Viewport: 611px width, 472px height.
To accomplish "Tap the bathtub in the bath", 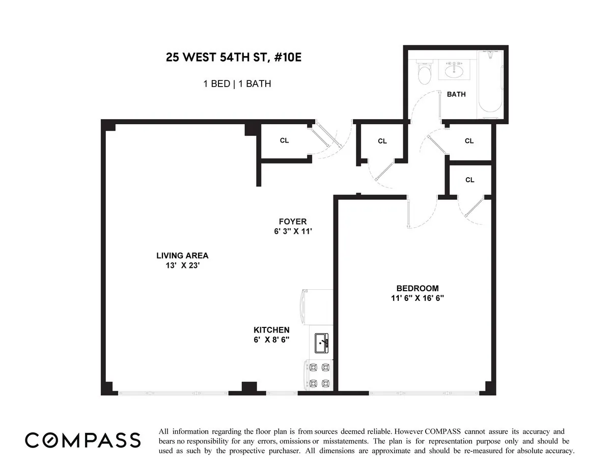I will click(x=490, y=84).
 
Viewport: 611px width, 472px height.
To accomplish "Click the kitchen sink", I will click(x=321, y=343).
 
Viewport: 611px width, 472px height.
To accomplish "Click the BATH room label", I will click(x=456, y=94).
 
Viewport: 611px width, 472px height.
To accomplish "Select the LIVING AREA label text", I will click(x=182, y=256).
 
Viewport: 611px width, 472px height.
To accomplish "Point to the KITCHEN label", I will click(x=271, y=330).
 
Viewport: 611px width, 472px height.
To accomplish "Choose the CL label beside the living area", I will click(x=284, y=141).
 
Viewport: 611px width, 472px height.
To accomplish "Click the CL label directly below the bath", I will click(x=469, y=141).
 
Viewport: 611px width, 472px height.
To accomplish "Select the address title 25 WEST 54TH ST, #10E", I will click(x=234, y=57).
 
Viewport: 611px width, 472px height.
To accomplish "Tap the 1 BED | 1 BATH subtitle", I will click(x=237, y=84).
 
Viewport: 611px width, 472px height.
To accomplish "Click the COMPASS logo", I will click(x=83, y=440).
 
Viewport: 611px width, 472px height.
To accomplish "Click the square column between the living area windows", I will click(x=248, y=387).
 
